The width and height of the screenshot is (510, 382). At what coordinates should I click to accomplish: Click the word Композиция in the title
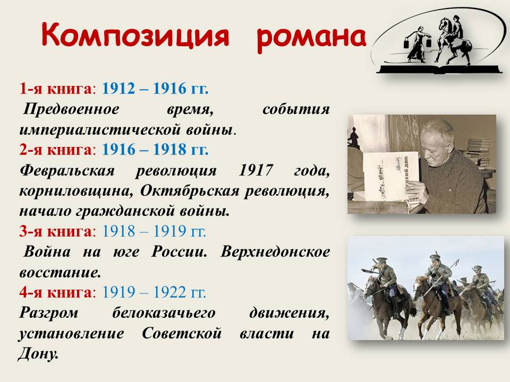pos(135,35)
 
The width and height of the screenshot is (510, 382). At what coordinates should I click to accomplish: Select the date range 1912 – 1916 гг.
pos(155,89)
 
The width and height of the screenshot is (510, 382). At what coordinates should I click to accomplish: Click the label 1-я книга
pos(56,89)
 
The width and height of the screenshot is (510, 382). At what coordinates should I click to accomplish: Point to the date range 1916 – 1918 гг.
pos(155,150)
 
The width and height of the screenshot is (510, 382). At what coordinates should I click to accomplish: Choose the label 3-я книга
pos(56,231)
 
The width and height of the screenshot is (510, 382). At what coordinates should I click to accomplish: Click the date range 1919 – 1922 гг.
pos(154,292)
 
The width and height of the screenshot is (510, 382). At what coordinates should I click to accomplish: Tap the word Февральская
pos(67,170)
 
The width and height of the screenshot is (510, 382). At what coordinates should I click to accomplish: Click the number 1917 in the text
pos(256,170)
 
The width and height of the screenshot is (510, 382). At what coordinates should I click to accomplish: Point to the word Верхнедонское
pos(275,252)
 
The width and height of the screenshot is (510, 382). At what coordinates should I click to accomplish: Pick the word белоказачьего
pos(164,313)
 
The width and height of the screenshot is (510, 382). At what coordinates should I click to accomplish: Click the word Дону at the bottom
pos(38,354)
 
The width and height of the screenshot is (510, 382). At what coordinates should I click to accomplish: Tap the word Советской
pos(182,333)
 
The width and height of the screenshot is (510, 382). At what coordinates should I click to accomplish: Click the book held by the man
pos(391,176)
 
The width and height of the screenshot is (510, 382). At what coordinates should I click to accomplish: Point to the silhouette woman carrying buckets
pos(416,44)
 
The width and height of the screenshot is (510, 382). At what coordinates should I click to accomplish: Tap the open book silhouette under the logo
pos(439,69)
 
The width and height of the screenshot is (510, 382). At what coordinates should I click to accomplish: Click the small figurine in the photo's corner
pos(354,138)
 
